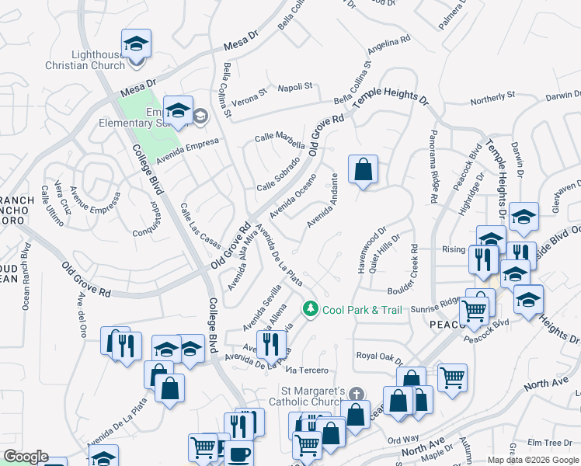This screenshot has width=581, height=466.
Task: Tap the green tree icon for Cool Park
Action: (x=311, y=309)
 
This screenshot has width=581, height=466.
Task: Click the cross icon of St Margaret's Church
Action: (x=356, y=395)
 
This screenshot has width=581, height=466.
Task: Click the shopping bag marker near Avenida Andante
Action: (x=363, y=169)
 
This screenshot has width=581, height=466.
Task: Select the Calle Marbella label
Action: (x=280, y=140)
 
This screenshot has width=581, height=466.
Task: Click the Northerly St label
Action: (x=493, y=99)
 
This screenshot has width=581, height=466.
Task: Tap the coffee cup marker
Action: (x=239, y=454)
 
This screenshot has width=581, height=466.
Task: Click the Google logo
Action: (x=26, y=457)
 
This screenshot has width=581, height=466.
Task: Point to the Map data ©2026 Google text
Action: (x=533, y=460)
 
